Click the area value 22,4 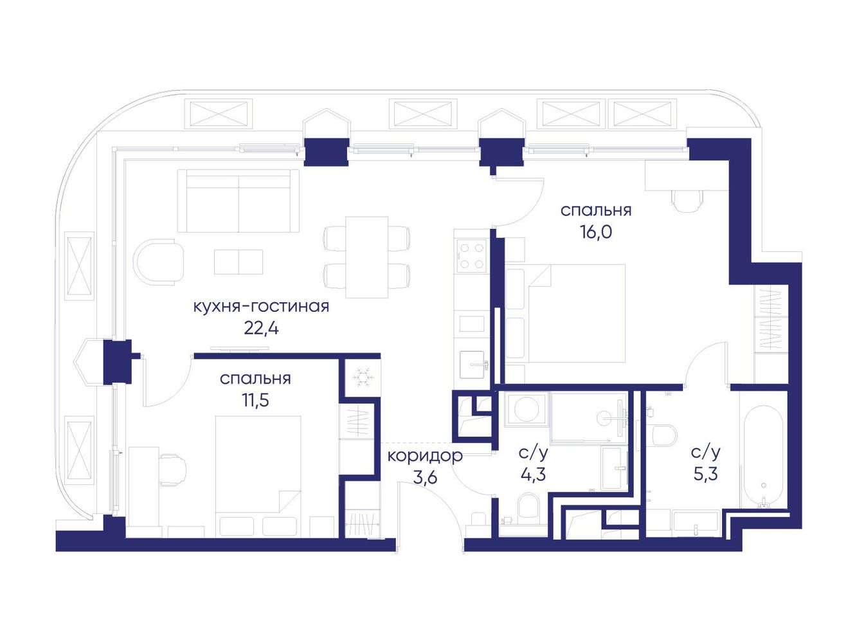click(x=261, y=329)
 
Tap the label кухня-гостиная click(x=261, y=307)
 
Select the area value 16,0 click(x=596, y=232)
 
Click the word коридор click(x=425, y=456)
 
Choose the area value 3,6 click(x=425, y=478)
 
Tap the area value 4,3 click(x=533, y=475)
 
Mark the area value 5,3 click(x=706, y=475)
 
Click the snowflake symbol click(x=363, y=377)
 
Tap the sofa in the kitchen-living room click(x=239, y=201)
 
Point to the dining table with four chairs click(x=366, y=258)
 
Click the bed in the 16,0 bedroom click(x=565, y=314)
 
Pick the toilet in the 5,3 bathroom click(x=663, y=435)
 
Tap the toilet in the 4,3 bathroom click(x=528, y=509)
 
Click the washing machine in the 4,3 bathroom click(x=527, y=409)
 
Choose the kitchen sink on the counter click(x=472, y=364)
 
